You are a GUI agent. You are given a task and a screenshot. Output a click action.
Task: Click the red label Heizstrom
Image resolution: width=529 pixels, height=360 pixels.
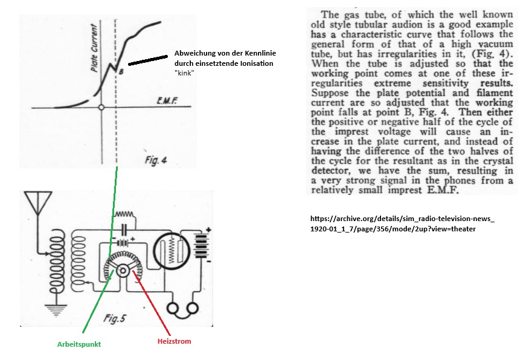[x=174, y=341]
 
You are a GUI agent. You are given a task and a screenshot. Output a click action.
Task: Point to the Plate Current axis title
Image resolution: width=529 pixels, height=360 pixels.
[x=94, y=48]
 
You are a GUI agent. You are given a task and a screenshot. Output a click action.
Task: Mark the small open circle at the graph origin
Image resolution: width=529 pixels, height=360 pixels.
[x=102, y=107]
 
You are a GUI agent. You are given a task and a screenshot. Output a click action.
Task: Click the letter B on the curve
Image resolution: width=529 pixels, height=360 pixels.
[x=121, y=72]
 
